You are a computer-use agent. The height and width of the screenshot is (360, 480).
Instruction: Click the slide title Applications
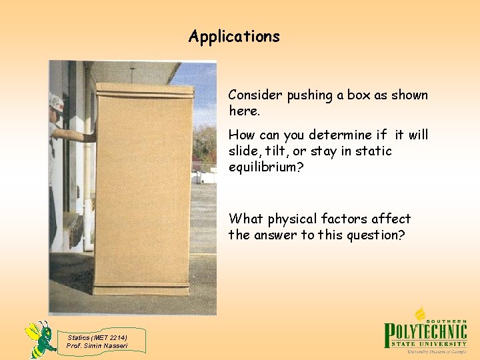click(x=234, y=36)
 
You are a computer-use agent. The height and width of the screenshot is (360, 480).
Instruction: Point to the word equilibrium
click(x=264, y=167)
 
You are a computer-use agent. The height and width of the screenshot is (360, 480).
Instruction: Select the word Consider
click(x=256, y=95)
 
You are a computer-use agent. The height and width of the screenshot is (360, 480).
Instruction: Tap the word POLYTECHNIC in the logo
click(x=426, y=331)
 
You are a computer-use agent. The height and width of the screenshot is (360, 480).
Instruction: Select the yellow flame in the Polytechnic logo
click(x=420, y=313)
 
